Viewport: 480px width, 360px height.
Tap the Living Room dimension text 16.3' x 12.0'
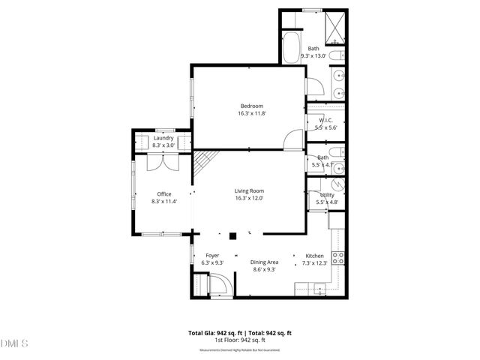click(250, 198)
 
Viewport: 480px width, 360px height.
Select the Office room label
click(164, 194)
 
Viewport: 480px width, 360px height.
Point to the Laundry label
click(163, 138)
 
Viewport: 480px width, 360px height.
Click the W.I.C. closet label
click(326, 120)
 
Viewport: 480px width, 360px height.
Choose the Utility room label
click(327, 195)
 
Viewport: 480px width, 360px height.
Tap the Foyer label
click(212, 256)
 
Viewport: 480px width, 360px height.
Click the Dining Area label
click(264, 262)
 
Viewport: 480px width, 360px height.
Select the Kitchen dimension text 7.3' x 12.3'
click(314, 262)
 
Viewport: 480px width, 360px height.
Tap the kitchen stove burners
click(338, 258)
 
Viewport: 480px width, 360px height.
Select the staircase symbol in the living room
click(205, 162)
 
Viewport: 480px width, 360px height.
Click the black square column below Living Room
click(233, 235)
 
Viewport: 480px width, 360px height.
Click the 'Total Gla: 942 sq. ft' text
click(213, 332)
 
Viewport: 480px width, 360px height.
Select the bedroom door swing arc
click(294, 138)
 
